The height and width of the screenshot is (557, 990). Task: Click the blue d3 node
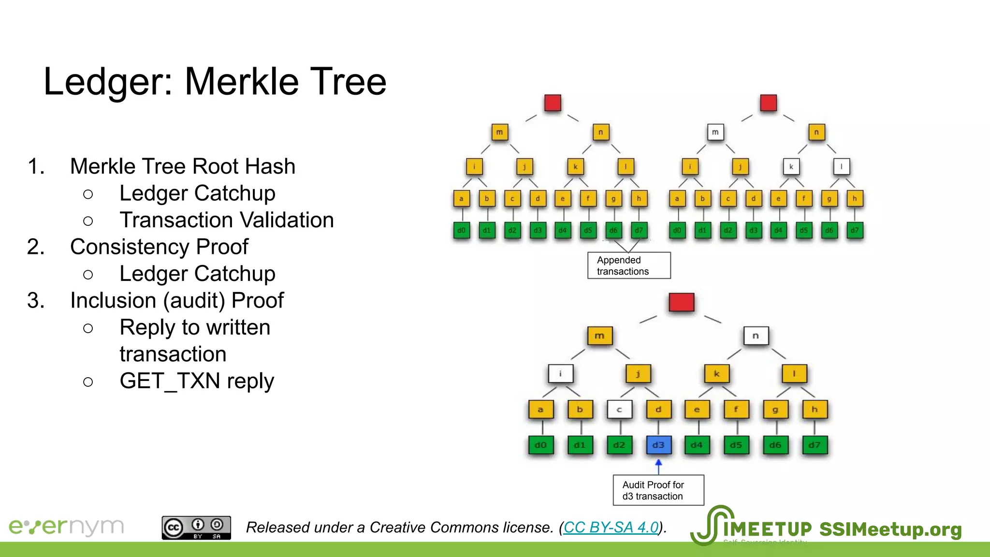(658, 445)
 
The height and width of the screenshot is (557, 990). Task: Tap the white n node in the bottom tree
(756, 336)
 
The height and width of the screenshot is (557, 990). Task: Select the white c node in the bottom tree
(619, 410)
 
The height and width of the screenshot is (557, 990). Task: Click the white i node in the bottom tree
(560, 373)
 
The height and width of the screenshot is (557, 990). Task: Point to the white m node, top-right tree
(715, 132)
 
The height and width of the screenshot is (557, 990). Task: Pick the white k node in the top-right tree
(791, 167)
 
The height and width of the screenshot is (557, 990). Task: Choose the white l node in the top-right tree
(842, 167)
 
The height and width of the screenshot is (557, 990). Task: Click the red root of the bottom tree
(682, 302)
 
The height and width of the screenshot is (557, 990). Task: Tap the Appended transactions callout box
(629, 265)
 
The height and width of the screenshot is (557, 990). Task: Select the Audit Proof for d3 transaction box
(658, 490)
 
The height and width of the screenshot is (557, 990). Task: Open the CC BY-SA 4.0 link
(611, 527)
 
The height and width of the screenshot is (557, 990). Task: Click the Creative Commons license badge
(196, 528)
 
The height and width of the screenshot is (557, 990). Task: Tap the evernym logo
(66, 527)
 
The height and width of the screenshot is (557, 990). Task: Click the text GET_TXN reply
(197, 381)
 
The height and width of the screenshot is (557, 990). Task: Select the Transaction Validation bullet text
(227, 220)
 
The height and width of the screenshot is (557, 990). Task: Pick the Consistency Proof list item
(159, 247)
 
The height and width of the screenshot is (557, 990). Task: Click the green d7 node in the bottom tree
(815, 445)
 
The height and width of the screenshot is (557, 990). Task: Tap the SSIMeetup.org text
(890, 529)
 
